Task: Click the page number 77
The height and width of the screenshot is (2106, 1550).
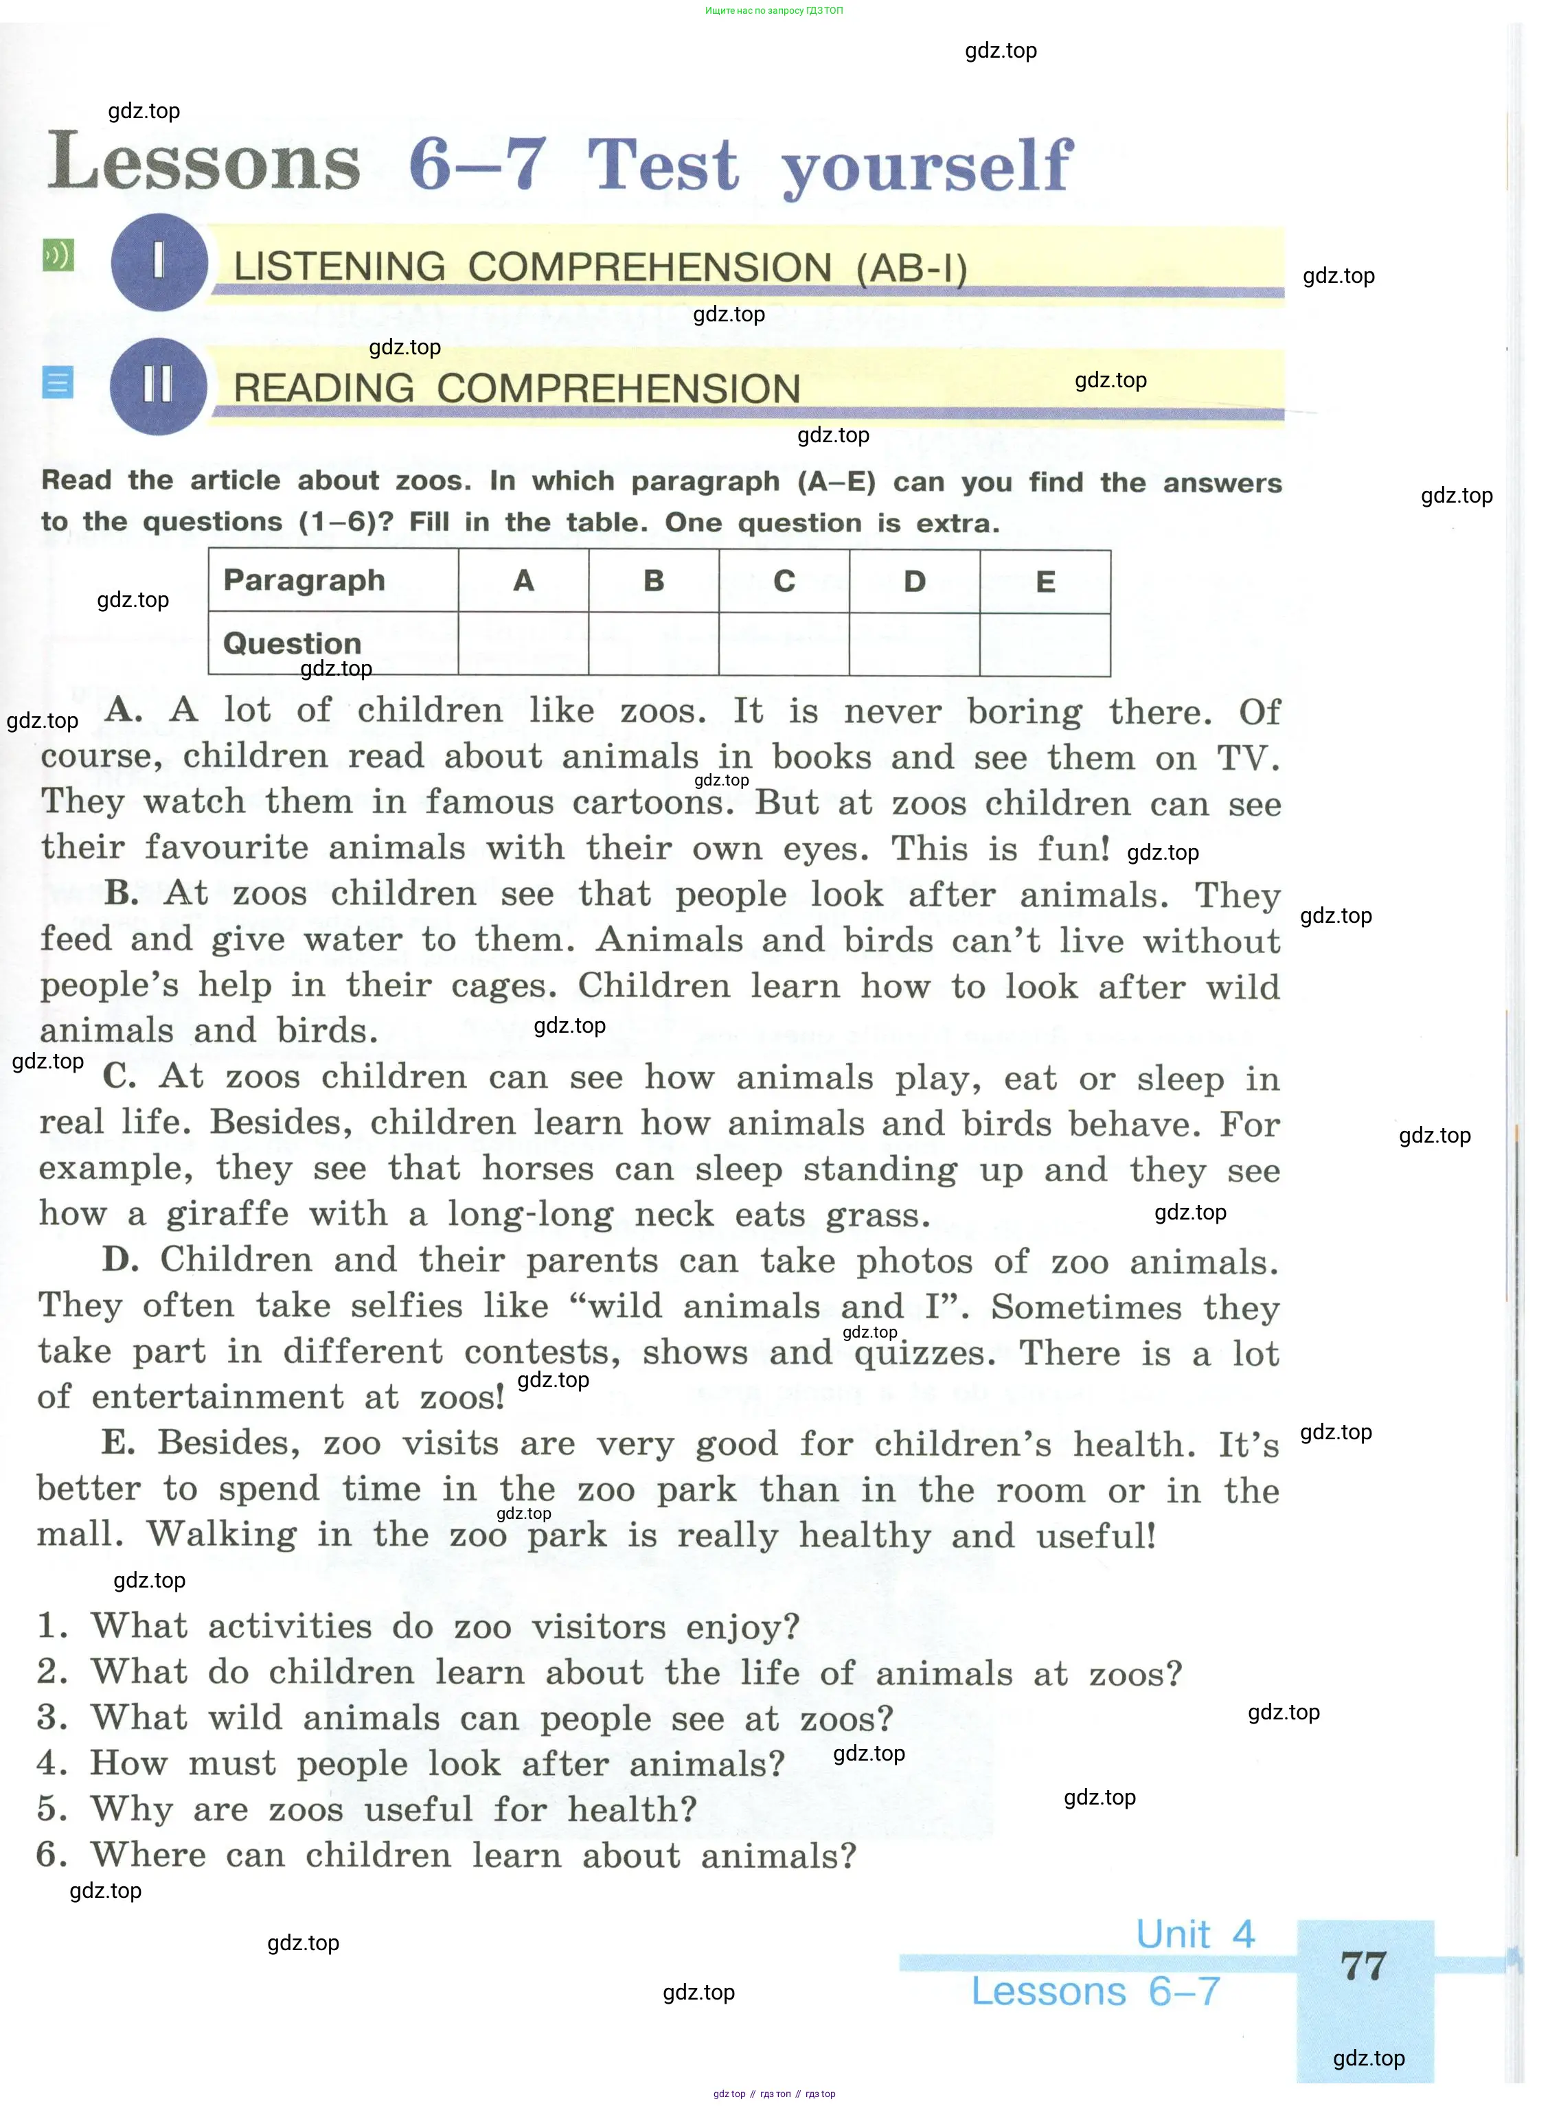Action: [1363, 1966]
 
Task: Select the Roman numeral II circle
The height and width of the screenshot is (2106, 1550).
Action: [158, 385]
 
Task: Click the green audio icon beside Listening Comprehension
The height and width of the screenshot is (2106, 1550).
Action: [58, 255]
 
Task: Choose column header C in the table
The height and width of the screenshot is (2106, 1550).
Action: [784, 582]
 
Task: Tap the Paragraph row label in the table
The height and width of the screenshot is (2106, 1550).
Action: [304, 581]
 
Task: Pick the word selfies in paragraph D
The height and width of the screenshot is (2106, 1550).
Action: [407, 1306]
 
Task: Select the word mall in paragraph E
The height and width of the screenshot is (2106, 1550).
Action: [79, 1535]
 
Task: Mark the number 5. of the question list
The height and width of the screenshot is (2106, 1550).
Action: [52, 1809]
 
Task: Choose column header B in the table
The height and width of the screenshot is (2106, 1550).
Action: [654, 582]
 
